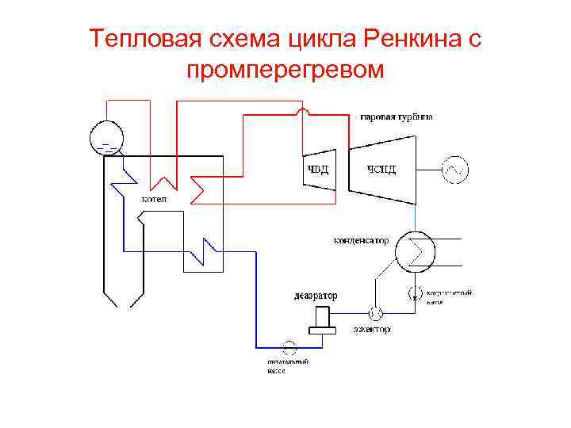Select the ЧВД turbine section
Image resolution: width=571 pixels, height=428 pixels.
[320, 167]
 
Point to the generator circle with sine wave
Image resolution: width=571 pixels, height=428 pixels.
[456, 168]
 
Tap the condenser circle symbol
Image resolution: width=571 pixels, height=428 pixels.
[415, 250]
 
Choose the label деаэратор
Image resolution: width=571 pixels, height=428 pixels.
[315, 296]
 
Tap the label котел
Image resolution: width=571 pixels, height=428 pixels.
[154, 199]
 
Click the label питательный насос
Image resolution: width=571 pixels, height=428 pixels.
[287, 365]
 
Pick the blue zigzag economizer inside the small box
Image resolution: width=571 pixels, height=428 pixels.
[209, 254]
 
